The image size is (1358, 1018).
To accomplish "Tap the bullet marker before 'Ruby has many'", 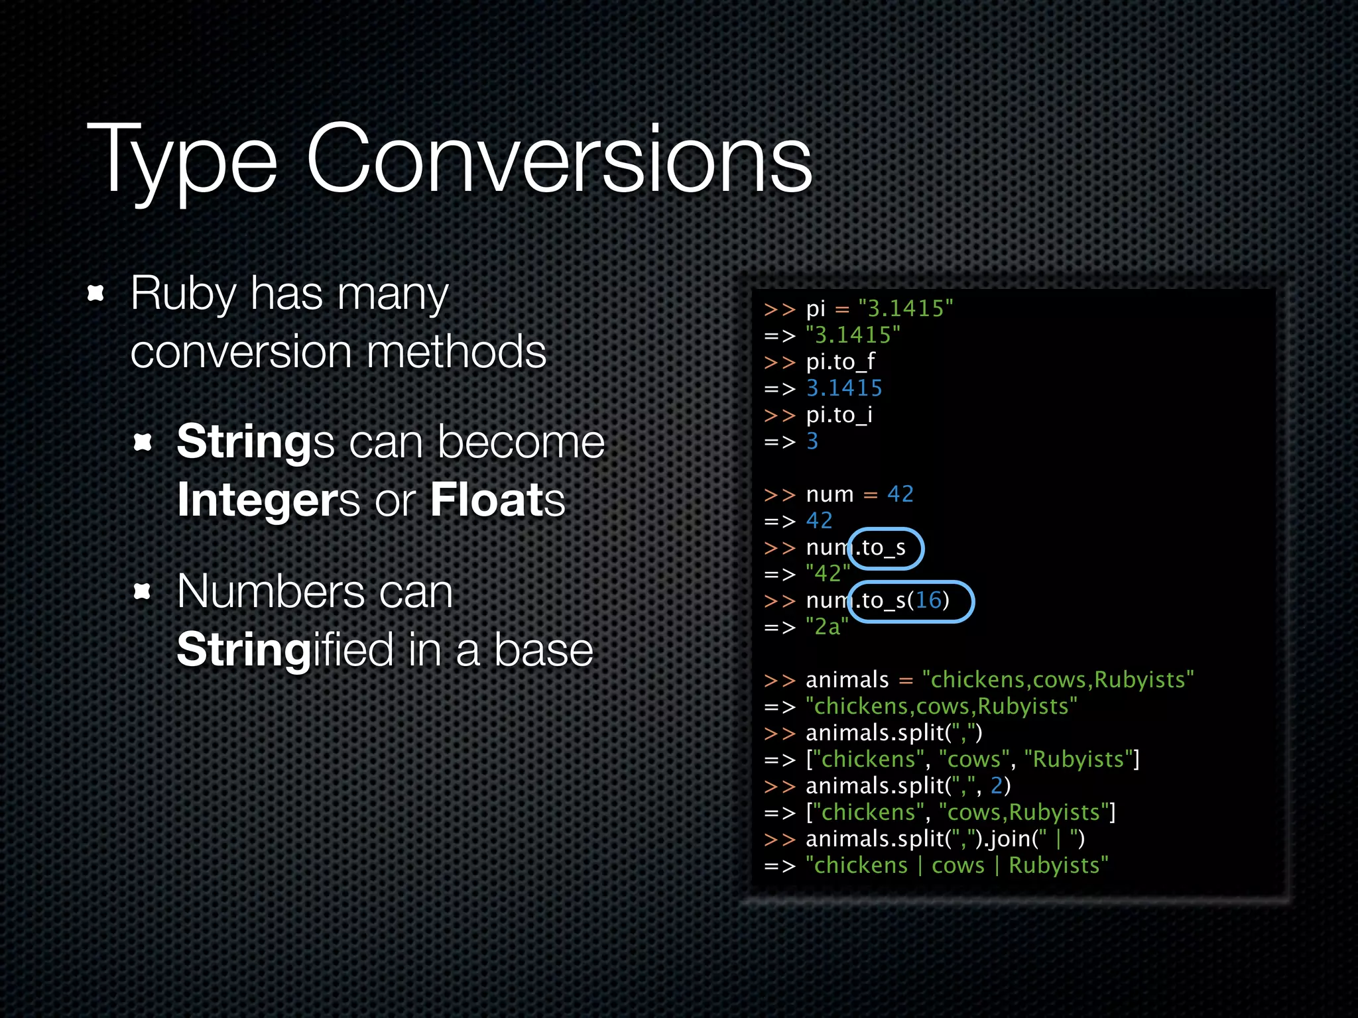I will (96, 293).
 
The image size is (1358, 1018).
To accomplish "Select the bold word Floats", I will (497, 500).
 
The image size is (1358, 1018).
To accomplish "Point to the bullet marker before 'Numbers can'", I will (143, 591).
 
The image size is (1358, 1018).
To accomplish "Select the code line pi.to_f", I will (840, 362).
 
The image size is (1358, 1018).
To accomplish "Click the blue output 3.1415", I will (844, 388).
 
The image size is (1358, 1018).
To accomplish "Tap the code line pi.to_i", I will (839, 415).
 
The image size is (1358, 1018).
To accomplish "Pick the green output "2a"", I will (827, 627).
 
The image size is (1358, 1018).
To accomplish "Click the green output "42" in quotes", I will (828, 574).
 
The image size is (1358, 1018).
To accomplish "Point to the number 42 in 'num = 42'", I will (900, 494).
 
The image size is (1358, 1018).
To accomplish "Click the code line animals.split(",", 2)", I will (908, 786).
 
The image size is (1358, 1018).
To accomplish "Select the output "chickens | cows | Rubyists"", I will (957, 866).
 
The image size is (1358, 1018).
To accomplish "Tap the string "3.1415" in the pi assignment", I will (905, 309).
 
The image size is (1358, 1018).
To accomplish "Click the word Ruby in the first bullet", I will (183, 293).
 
